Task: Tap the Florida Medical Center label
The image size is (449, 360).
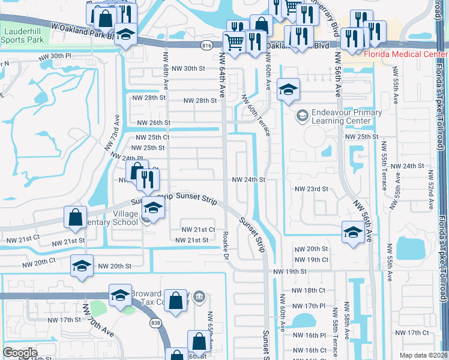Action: (x=406, y=55)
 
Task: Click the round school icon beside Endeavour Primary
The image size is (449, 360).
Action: (x=303, y=114)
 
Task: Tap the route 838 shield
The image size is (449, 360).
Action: (x=156, y=323)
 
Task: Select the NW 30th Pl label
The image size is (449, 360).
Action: (x=65, y=56)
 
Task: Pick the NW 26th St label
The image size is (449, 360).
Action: (x=154, y=123)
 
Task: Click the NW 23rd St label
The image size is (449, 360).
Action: (x=312, y=188)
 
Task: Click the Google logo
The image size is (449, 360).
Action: (x=20, y=353)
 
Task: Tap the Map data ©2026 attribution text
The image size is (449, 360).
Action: (x=423, y=355)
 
